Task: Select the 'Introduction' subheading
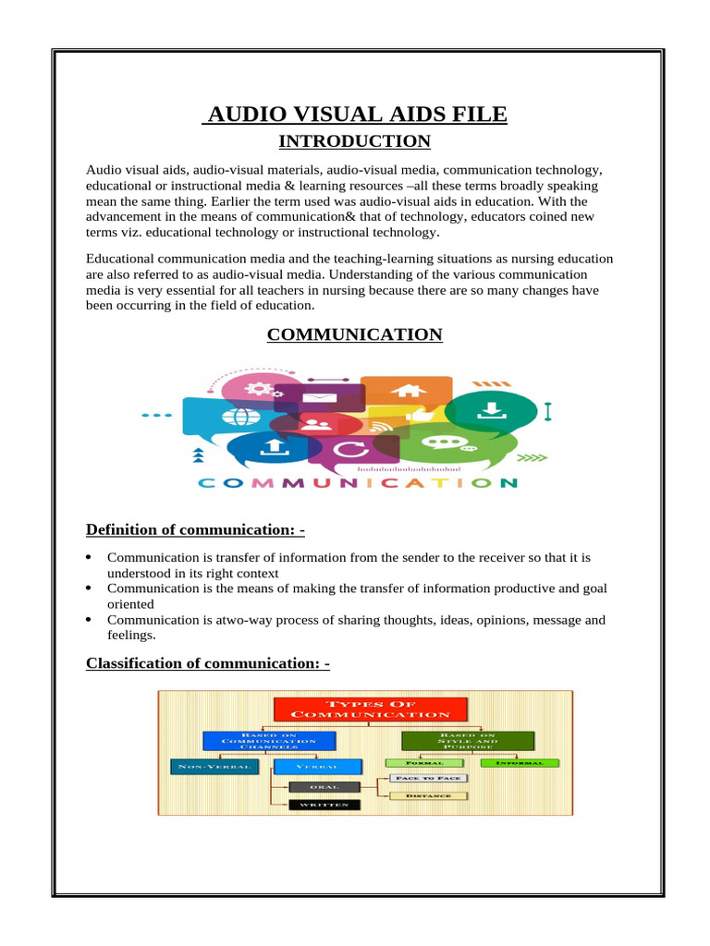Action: tap(355, 141)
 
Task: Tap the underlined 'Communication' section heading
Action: tap(355, 334)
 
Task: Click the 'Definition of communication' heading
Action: tap(195, 529)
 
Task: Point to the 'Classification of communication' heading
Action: tap(208, 663)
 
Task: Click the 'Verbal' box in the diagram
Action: tap(306, 767)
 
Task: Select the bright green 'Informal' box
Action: tap(520, 763)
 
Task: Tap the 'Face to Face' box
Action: tap(426, 779)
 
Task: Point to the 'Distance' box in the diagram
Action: tap(426, 794)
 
